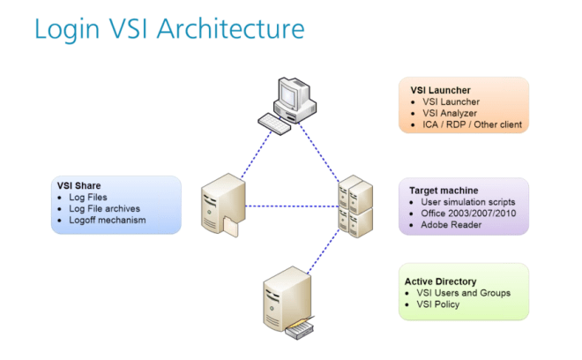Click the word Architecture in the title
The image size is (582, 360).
pos(230,28)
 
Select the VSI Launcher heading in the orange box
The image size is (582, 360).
pos(440,90)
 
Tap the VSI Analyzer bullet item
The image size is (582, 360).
pos(450,113)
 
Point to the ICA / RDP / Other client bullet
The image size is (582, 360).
pos(472,124)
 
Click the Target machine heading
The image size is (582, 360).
pos(444,191)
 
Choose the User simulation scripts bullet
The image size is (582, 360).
pos(467,202)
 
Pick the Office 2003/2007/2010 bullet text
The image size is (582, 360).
pos(468,214)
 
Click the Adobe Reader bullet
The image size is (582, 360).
pos(451,225)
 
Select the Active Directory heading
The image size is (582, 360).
pos(440,281)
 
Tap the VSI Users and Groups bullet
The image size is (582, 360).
pos(463,293)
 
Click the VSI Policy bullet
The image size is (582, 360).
pos(437,304)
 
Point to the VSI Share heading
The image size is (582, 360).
pos(78,186)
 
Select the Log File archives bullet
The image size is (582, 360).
pos(104,209)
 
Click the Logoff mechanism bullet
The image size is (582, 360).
pos(108,221)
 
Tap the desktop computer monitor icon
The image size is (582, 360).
pos(295,100)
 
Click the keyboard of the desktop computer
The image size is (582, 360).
pos(274,124)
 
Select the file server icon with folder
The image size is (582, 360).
pos(223,205)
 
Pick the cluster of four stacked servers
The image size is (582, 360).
pos(355,206)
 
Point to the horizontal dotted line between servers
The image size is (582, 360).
pos(292,206)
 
